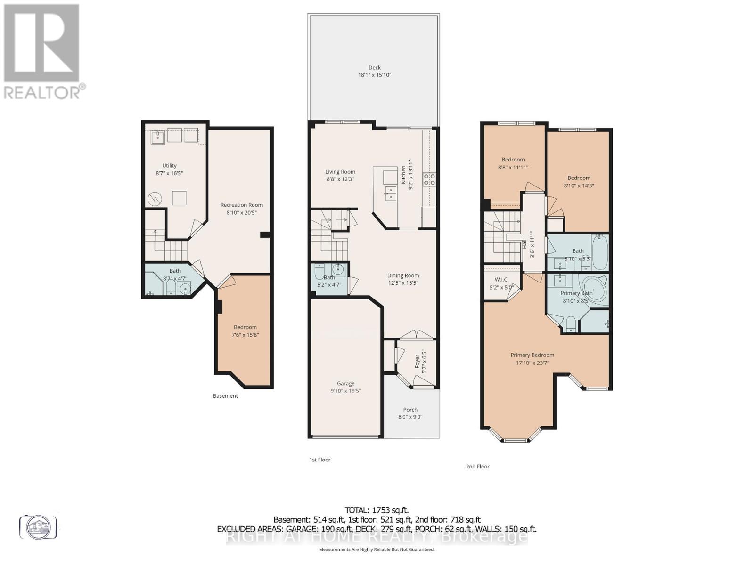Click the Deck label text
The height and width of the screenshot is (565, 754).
pos(375,67)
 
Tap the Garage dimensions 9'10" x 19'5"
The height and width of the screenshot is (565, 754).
pos(345,391)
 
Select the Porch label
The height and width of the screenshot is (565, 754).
pos(410,409)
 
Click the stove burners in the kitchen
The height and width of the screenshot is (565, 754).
pos(429,179)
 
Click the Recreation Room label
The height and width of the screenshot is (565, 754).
pos(241,205)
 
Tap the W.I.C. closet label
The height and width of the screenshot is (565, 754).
pos(501,279)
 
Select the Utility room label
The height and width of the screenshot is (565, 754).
pos(169,165)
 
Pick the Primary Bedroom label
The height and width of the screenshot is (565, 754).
pos(532,355)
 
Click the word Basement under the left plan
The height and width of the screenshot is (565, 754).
pos(225,396)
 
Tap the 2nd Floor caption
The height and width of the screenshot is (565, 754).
pos(477,467)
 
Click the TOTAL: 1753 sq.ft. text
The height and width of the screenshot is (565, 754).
pos(377,510)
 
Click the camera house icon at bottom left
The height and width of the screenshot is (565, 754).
pos(38,527)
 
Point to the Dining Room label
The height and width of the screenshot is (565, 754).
pos(403,275)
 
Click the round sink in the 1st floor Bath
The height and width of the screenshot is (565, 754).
pos(338,270)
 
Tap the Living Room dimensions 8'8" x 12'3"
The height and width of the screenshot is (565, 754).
pos(340,179)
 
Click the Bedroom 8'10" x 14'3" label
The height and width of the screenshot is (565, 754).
pos(579,178)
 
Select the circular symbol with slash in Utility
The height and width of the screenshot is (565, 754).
pos(155,199)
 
